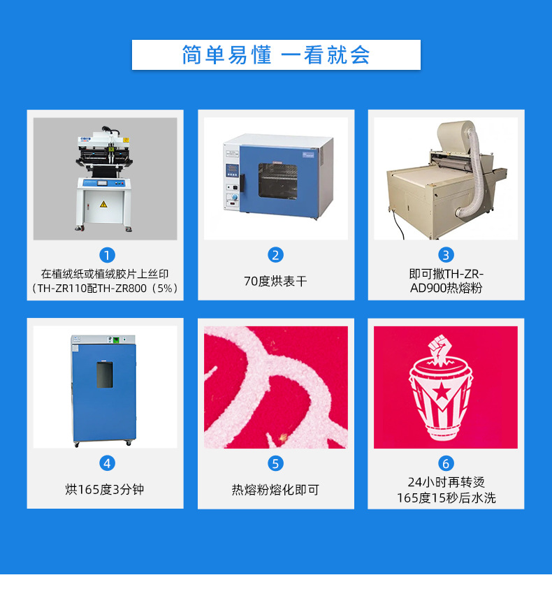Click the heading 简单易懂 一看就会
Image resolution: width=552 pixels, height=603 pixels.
pos(276,55)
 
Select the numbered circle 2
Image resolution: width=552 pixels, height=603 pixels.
pos(275,255)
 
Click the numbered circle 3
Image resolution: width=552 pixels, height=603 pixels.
pos(446,255)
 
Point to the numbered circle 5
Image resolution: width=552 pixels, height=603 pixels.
pos(275,463)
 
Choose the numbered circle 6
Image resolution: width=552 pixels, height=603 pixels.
pos(446,463)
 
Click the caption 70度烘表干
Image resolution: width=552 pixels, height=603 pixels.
pos(275,281)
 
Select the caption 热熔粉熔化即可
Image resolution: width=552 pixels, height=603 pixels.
pos(275,490)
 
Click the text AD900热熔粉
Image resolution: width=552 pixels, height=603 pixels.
pos(446,288)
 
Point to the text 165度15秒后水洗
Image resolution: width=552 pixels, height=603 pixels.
pos(446,498)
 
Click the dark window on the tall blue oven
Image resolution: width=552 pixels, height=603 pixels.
pos(104,376)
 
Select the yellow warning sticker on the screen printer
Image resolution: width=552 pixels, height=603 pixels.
pos(103,204)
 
